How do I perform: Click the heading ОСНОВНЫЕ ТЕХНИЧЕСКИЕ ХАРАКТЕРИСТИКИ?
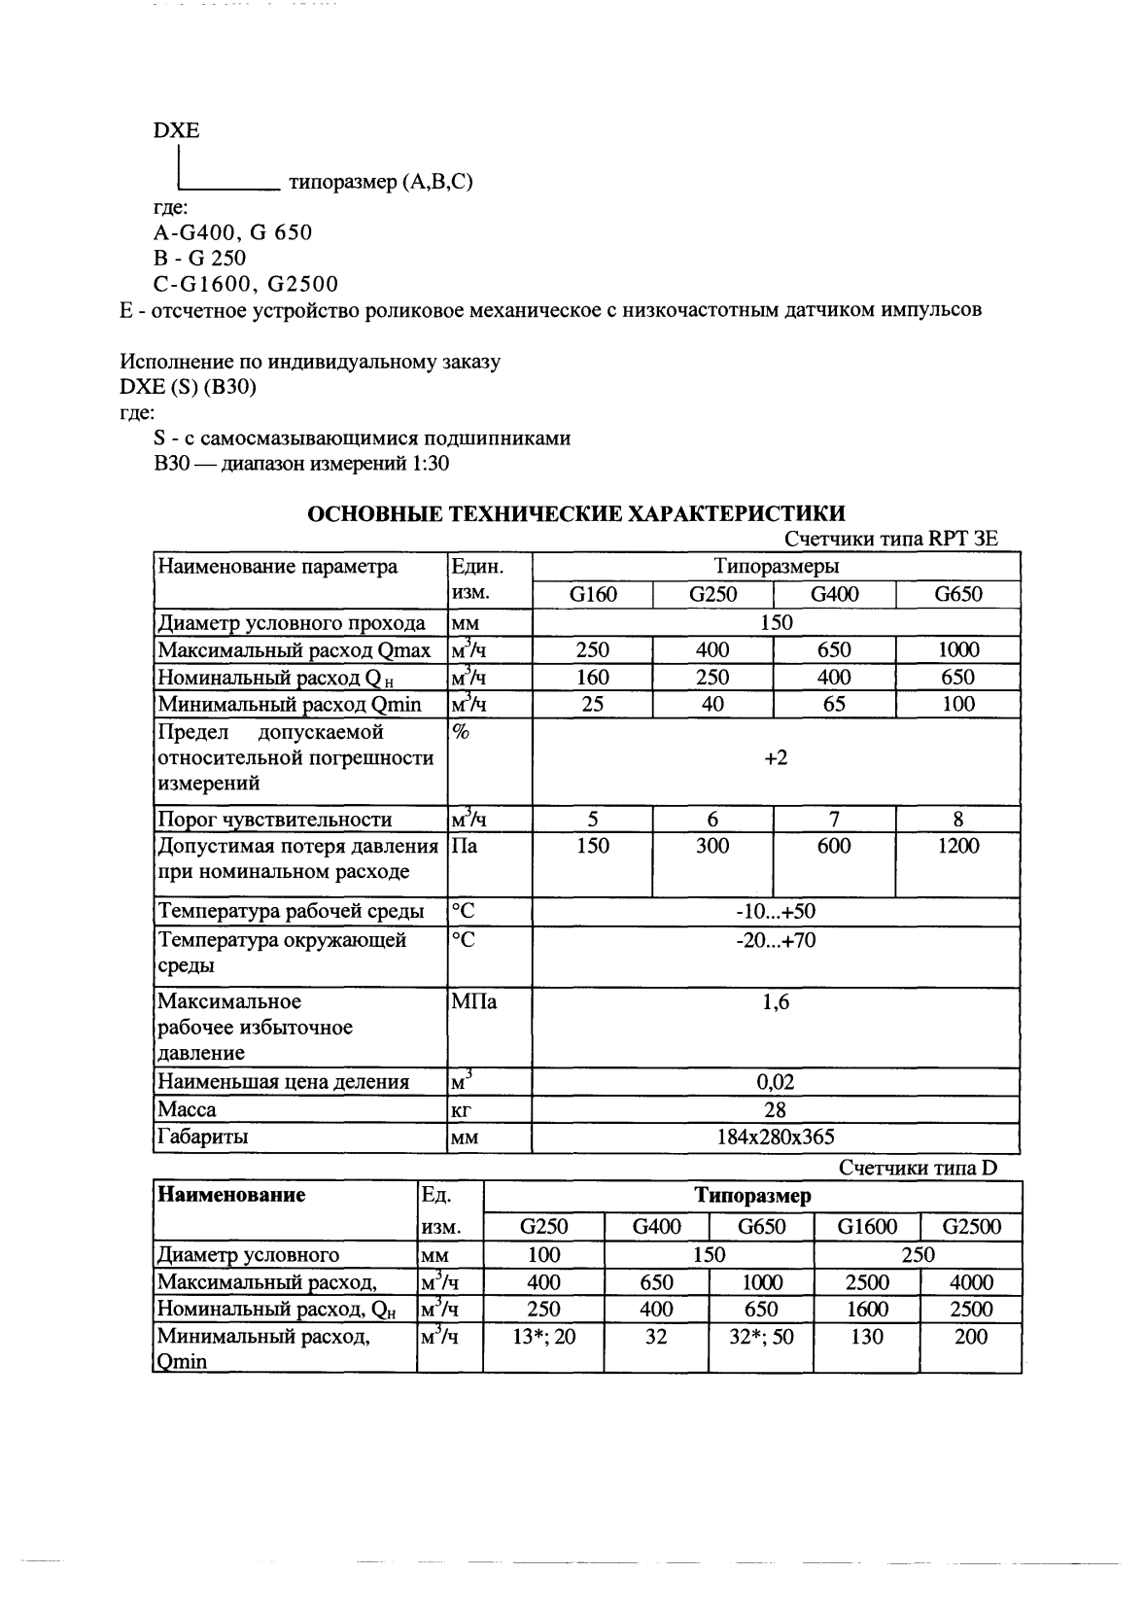coord(575,514)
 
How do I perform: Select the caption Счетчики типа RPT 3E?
coord(890,539)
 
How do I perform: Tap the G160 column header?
coord(593,594)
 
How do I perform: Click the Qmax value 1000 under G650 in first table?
coord(958,649)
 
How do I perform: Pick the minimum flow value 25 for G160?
coord(593,704)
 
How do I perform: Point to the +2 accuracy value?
coord(776,757)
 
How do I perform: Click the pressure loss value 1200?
coord(958,846)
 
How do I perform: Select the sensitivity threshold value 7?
coord(834,820)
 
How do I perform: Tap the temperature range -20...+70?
coord(776,940)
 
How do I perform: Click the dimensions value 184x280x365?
coord(776,1137)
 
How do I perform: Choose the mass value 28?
coord(776,1109)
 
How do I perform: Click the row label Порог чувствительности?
coord(275,820)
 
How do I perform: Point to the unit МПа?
coord(474,1001)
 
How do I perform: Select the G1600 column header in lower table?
coord(867,1227)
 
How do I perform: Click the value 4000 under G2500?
coord(971,1282)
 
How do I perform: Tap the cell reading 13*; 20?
coord(543,1337)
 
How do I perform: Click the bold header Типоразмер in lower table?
coord(752,1196)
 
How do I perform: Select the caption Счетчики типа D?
coord(918,1168)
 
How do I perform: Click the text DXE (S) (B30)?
coord(189,387)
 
